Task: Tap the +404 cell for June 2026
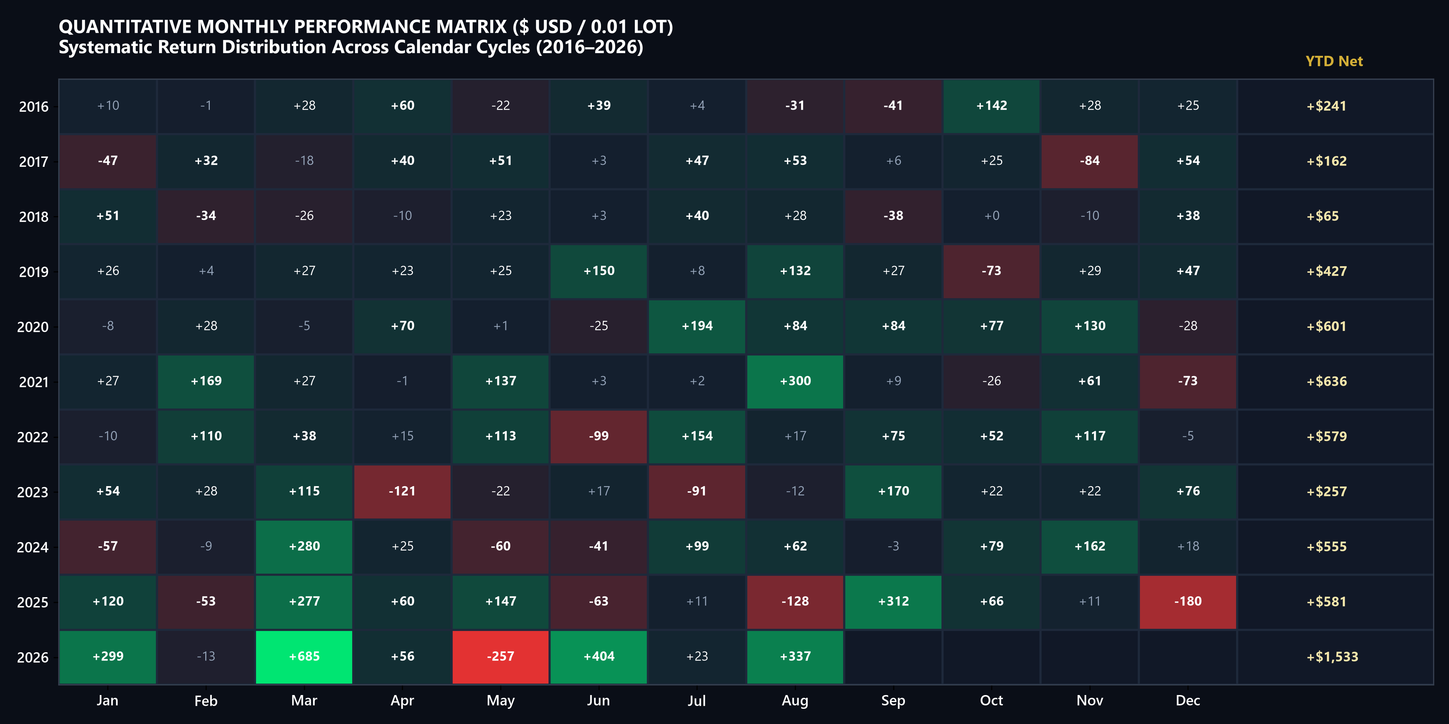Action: click(599, 656)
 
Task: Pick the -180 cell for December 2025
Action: click(1187, 602)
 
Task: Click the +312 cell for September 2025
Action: click(893, 602)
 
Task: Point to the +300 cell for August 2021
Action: click(795, 381)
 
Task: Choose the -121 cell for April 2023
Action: click(402, 491)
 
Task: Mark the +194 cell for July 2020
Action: click(697, 326)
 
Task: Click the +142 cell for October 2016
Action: click(991, 106)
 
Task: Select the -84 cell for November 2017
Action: click(1090, 161)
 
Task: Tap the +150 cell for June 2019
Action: click(599, 271)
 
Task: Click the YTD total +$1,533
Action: click(1332, 656)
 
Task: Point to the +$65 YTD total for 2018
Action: click(1322, 216)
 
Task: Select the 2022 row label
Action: click(33, 437)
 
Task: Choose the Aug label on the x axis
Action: click(795, 701)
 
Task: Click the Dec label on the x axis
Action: click(1187, 701)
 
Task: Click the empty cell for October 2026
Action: click(991, 656)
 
